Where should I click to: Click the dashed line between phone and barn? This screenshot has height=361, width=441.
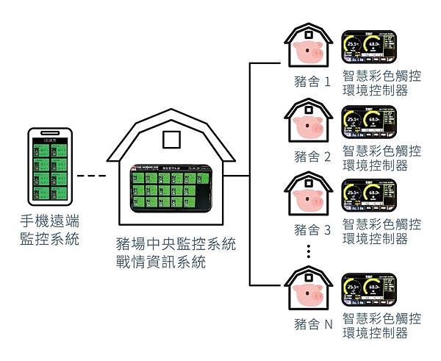tap(92, 176)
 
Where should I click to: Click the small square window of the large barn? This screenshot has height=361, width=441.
tap(171, 139)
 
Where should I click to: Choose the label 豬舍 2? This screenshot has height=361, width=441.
tap(312, 156)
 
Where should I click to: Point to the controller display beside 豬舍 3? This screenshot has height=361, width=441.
tap(370, 196)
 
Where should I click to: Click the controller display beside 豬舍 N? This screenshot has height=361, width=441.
tap(370, 292)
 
